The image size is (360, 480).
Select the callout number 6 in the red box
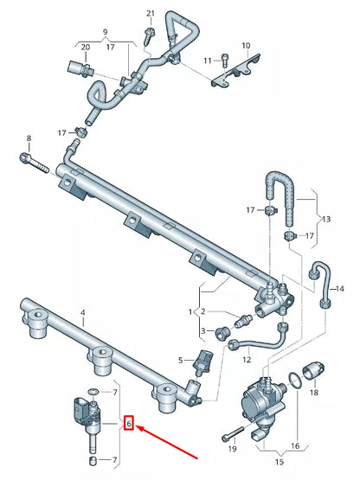tap(129, 424)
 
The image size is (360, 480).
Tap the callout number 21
tap(150, 14)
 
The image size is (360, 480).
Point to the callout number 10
tap(245, 45)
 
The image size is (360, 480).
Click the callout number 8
tap(29, 138)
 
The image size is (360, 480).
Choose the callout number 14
tap(339, 288)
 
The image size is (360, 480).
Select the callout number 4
tap(82, 311)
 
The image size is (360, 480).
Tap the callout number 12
tap(247, 359)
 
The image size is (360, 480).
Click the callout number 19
tap(232, 450)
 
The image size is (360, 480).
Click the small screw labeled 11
tap(224, 60)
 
